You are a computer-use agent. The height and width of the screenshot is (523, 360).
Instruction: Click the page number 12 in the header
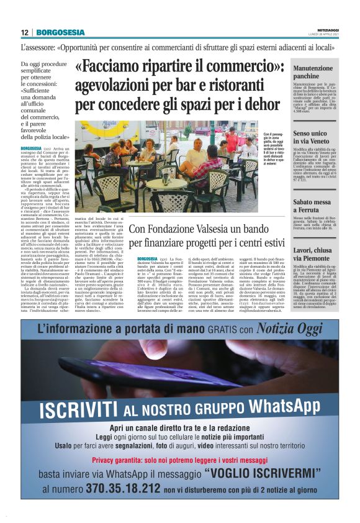24,32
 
